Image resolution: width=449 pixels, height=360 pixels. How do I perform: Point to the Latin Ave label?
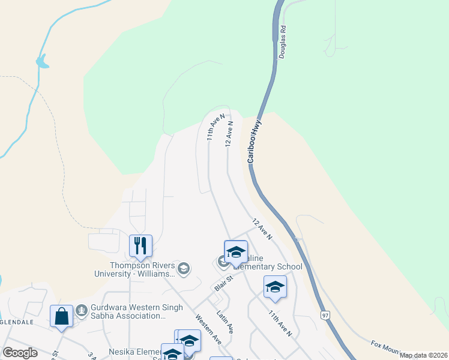click(224, 322)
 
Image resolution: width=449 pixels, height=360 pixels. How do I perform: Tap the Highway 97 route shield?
click(325, 316)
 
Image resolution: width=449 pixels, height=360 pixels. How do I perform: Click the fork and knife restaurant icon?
click(140, 245)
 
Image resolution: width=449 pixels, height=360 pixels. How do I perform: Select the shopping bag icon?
click(62, 315)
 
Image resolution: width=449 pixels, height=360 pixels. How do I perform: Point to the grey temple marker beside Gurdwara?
click(82, 311)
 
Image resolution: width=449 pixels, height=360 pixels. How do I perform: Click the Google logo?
click(20, 353)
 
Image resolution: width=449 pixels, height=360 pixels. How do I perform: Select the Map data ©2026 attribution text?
click(424, 355)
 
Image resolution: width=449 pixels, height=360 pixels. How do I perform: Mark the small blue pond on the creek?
click(41, 61)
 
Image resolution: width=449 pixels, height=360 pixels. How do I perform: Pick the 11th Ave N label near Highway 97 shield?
click(280, 323)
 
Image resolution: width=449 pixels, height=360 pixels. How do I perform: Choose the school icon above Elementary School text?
click(236, 251)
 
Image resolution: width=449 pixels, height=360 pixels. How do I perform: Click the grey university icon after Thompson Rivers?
click(184, 268)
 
